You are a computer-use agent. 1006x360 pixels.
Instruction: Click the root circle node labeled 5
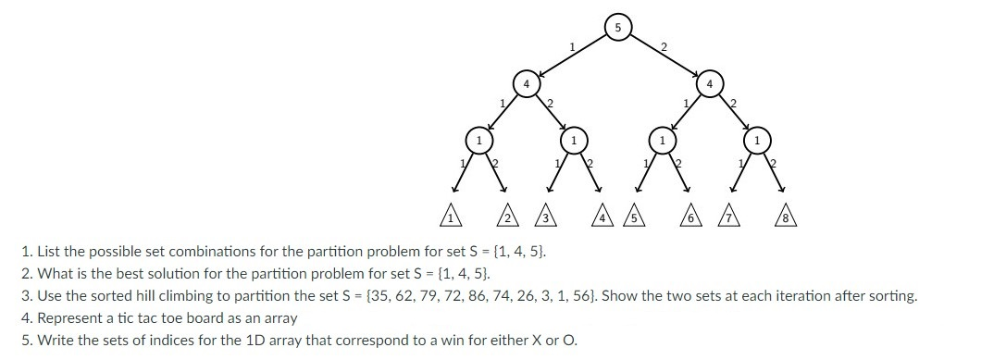(617, 27)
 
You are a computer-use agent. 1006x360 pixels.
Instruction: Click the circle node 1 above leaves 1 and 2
(478, 141)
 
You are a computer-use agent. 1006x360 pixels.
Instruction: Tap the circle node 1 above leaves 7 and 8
(757, 141)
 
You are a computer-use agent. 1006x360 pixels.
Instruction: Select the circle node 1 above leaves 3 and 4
(574, 141)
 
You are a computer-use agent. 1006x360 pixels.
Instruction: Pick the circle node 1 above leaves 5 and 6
(662, 141)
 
